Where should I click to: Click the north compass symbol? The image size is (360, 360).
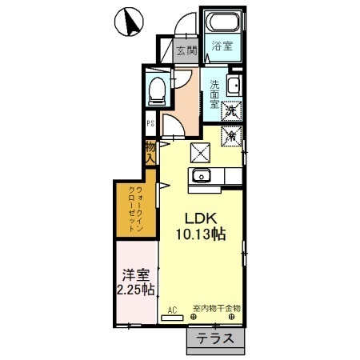coord(130,22)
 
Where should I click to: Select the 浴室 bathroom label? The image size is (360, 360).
coord(222,46)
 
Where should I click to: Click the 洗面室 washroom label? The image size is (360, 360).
coord(214,94)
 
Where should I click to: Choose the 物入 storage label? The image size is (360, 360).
coord(150,152)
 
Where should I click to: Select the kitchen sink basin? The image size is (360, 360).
coord(201,175)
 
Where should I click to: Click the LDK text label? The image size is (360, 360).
coord(202,218)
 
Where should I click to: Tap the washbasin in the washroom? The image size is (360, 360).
coord(234,86)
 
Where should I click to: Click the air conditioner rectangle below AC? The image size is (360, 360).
coord(172,318)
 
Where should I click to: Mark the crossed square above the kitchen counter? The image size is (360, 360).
coord(200,152)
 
